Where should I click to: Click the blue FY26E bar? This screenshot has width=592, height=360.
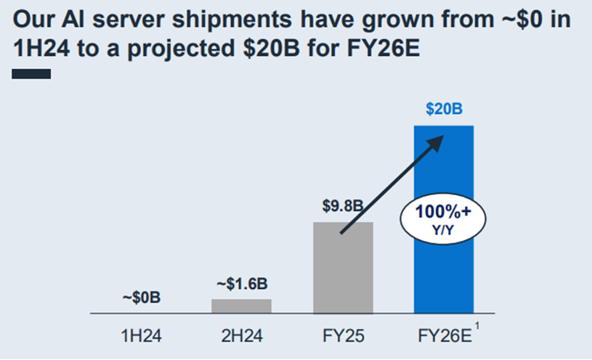point(444,170)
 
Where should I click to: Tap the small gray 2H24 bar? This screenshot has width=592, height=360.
point(241,306)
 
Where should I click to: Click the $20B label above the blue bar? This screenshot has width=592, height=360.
point(444,109)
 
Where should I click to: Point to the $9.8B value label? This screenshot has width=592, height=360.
point(342,206)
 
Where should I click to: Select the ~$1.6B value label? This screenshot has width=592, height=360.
point(242,284)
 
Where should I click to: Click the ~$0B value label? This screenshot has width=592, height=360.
point(142,298)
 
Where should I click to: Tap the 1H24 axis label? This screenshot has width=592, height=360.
point(141,336)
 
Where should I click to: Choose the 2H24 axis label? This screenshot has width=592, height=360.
point(242,336)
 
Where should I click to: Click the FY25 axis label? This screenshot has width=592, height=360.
point(343,336)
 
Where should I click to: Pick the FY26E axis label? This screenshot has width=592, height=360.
point(445,336)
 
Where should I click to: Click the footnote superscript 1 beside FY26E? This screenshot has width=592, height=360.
point(477,326)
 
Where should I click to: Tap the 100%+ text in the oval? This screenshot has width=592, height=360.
point(443,212)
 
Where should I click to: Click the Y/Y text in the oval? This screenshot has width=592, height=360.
point(443,229)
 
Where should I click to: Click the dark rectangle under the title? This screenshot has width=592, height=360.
point(31,73)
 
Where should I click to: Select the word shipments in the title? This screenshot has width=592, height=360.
point(232,20)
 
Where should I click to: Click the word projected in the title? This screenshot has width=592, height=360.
point(181,49)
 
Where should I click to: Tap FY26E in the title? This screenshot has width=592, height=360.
point(384,49)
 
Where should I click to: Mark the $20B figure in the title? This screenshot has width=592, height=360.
point(272,49)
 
